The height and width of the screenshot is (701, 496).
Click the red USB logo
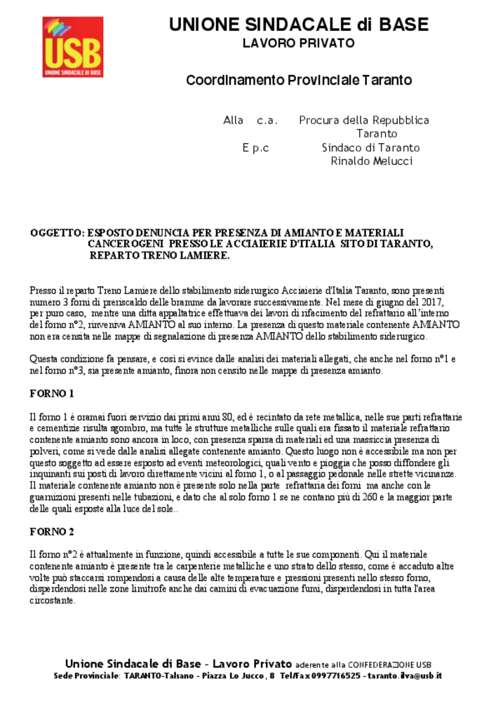[73, 47]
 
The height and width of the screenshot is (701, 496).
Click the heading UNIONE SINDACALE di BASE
[298, 25]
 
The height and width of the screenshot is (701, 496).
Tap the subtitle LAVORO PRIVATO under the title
[298, 43]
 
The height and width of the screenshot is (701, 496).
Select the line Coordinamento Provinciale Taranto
[298, 80]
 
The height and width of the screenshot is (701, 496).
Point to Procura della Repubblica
[364, 120]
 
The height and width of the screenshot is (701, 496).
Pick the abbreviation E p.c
[255, 148]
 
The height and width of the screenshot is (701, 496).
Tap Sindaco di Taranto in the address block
[370, 148]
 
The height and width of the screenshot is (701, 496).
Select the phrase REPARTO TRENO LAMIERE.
[159, 255]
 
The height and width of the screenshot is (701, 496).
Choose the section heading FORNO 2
[52, 531]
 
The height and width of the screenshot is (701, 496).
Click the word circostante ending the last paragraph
[53, 600]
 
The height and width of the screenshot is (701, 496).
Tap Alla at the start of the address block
[233, 120]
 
